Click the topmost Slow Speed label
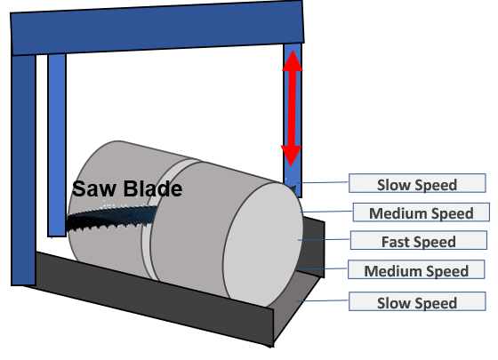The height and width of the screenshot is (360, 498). coord(417,183)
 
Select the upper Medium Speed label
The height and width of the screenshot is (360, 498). coord(422,212)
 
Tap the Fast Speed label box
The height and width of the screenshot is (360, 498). coord(419,240)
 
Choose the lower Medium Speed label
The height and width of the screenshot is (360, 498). coord(416,269)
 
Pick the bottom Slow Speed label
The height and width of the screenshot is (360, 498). coord(417,301)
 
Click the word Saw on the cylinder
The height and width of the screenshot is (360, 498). coord(93,188)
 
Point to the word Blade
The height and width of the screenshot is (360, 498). coord(153,188)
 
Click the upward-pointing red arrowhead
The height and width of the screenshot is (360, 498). coord(293,60)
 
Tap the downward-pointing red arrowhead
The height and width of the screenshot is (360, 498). coord(291,156)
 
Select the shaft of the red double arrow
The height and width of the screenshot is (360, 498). coord(292,108)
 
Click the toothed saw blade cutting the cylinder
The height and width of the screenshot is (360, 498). coord(111,218)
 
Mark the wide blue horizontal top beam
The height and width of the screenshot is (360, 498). coord(157,28)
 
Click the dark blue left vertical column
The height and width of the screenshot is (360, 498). coord(23,170)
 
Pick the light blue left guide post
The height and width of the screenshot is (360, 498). coord(57,145)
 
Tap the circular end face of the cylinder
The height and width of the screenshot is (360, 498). coord(263,244)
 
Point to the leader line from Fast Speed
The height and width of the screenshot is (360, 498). coord(324,240)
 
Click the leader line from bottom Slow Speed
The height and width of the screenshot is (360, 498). coord(323,300)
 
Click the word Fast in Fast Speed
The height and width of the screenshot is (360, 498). coord(396,242)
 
